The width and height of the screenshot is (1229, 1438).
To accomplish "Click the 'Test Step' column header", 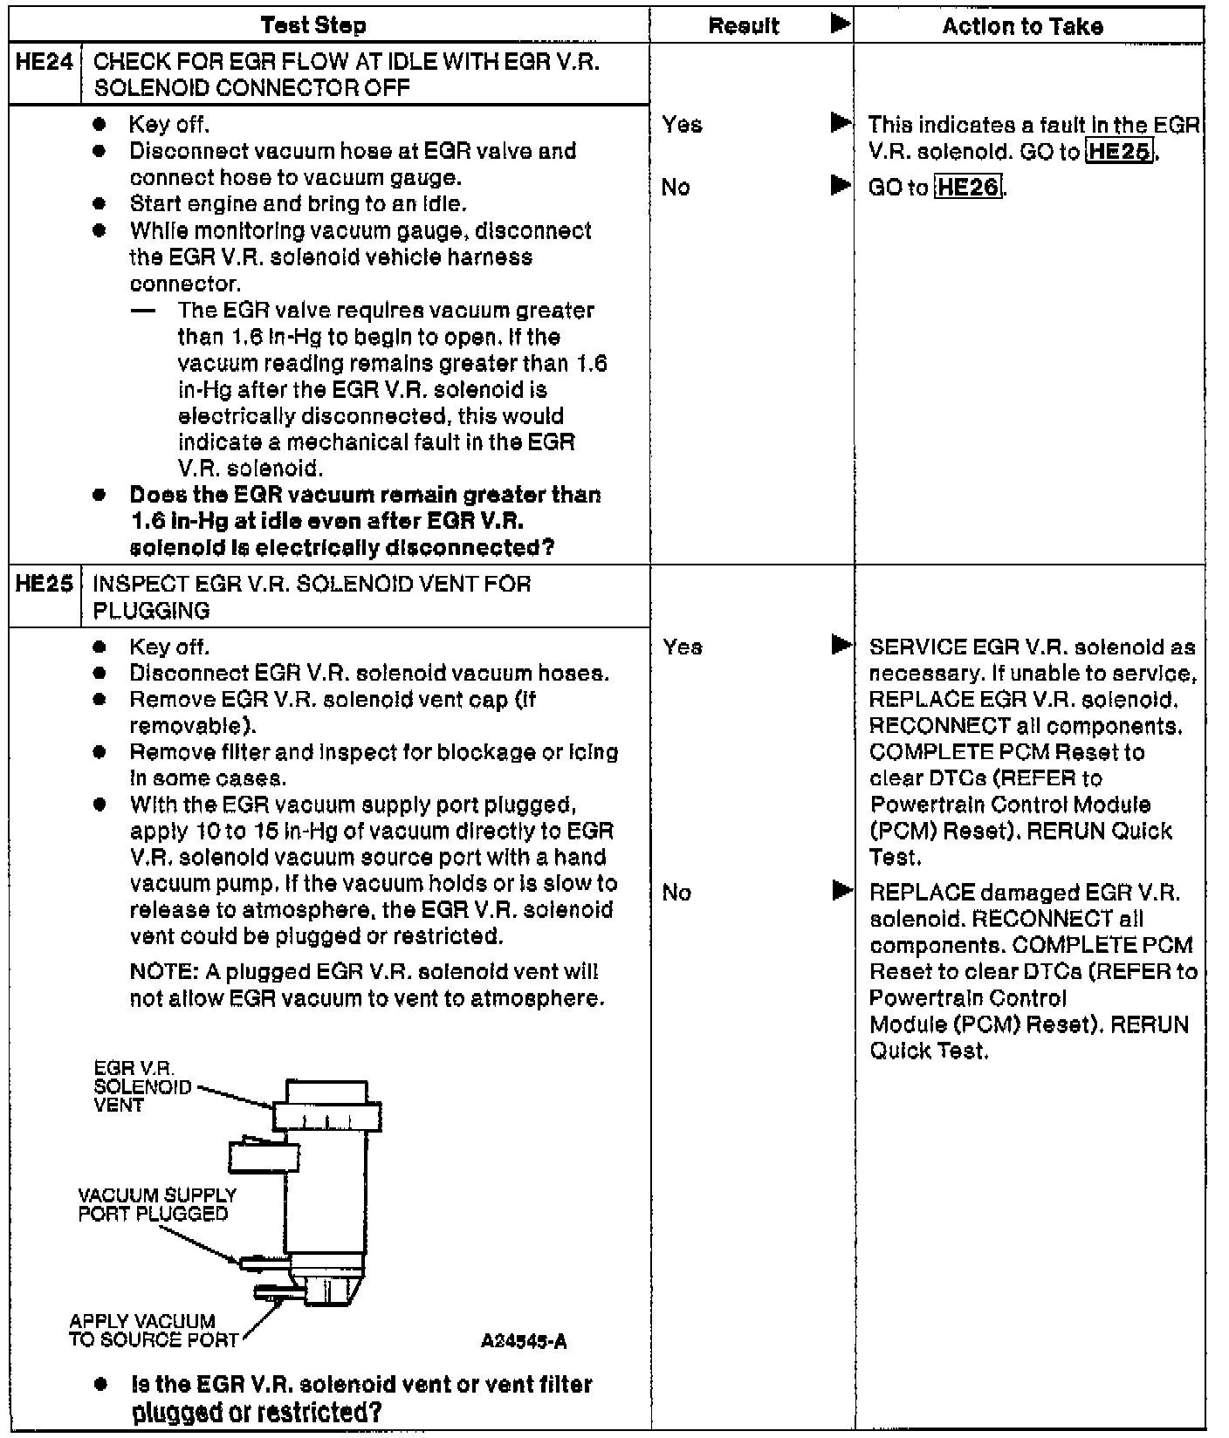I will tap(313, 25).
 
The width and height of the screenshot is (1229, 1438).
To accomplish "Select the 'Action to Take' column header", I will tap(1022, 26).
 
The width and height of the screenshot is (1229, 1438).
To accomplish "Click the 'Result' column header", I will tap(744, 26).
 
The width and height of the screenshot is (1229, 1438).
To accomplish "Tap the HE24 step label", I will tap(44, 63).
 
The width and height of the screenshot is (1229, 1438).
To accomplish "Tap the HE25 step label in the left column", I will tap(44, 584).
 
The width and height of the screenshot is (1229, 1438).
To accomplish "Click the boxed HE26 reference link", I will tap(968, 188).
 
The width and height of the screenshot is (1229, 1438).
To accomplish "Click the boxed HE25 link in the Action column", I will tap(1120, 152).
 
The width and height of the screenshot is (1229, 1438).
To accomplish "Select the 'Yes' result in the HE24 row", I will tap(682, 125).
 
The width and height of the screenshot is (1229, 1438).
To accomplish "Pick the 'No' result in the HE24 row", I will tap(676, 188).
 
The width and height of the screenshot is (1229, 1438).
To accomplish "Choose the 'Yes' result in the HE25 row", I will tap(683, 647).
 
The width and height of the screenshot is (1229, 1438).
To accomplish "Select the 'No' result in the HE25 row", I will tap(676, 893).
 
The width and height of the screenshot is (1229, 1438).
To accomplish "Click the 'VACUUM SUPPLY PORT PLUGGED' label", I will tap(157, 1204).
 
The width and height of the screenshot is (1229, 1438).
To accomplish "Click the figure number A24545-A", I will tap(523, 1341).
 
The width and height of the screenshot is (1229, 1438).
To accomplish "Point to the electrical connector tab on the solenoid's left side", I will tap(253, 1157).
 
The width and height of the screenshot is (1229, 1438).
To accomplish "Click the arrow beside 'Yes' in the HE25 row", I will tap(841, 646).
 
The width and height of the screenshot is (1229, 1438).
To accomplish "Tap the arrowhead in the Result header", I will tap(840, 24).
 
